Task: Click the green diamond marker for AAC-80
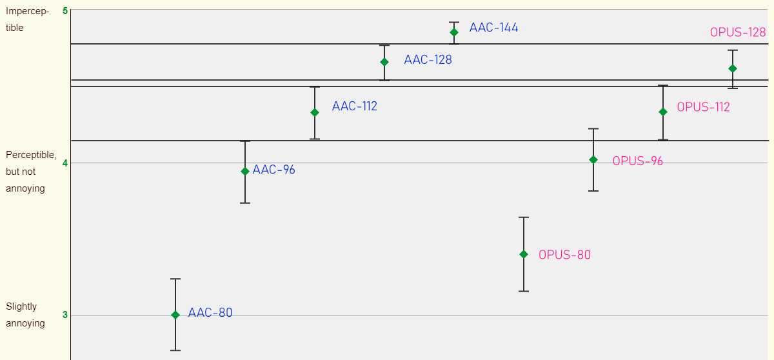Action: (x=175, y=315)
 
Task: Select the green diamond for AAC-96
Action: (x=245, y=171)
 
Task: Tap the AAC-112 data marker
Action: (x=315, y=112)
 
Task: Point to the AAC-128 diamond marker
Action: (x=384, y=62)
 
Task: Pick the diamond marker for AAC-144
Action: (x=454, y=32)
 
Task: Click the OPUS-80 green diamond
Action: (x=524, y=254)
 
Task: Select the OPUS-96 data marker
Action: (x=593, y=159)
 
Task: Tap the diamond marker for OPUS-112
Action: (x=663, y=112)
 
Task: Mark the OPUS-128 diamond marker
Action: (x=733, y=68)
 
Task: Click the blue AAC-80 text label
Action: (x=210, y=313)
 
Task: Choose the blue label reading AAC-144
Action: (x=493, y=28)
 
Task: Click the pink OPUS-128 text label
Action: (x=738, y=32)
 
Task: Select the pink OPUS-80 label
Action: (x=564, y=255)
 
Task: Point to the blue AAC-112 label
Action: (x=355, y=106)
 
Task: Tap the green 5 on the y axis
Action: (x=65, y=11)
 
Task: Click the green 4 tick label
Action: (x=65, y=163)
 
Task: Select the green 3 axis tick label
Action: (x=65, y=315)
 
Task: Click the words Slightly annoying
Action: (x=25, y=315)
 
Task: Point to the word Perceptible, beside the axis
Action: (x=31, y=155)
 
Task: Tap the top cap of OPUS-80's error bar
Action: (x=524, y=217)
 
